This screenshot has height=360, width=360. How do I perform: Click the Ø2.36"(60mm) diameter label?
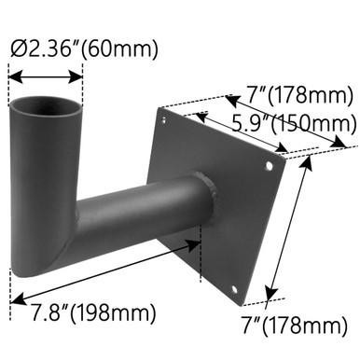coord(83,48)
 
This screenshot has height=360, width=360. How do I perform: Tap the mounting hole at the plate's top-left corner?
coord(166,119)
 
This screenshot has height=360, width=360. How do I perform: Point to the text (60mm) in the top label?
coord(121,48)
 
